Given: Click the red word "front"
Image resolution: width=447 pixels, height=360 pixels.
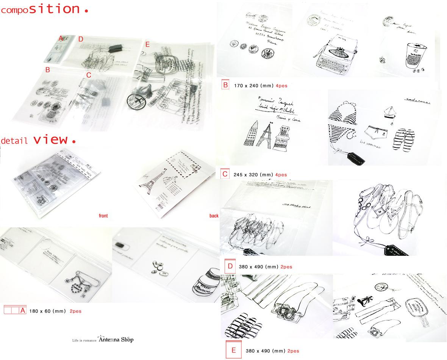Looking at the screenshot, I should point(103,216).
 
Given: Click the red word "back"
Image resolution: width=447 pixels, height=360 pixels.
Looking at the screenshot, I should point(214,216).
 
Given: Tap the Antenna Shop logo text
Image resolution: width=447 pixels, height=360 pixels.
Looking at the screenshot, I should point(115,340).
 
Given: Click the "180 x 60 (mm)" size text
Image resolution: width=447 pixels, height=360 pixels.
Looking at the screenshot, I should point(47,311).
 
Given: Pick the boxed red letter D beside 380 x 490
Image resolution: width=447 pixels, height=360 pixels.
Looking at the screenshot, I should point(230,266).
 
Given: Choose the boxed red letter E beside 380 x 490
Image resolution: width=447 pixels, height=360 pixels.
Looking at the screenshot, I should point(233,350).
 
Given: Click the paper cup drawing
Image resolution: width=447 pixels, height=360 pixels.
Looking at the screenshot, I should point(414,56).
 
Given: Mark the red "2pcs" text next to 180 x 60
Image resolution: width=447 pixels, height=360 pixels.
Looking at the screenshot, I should point(75,311).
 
